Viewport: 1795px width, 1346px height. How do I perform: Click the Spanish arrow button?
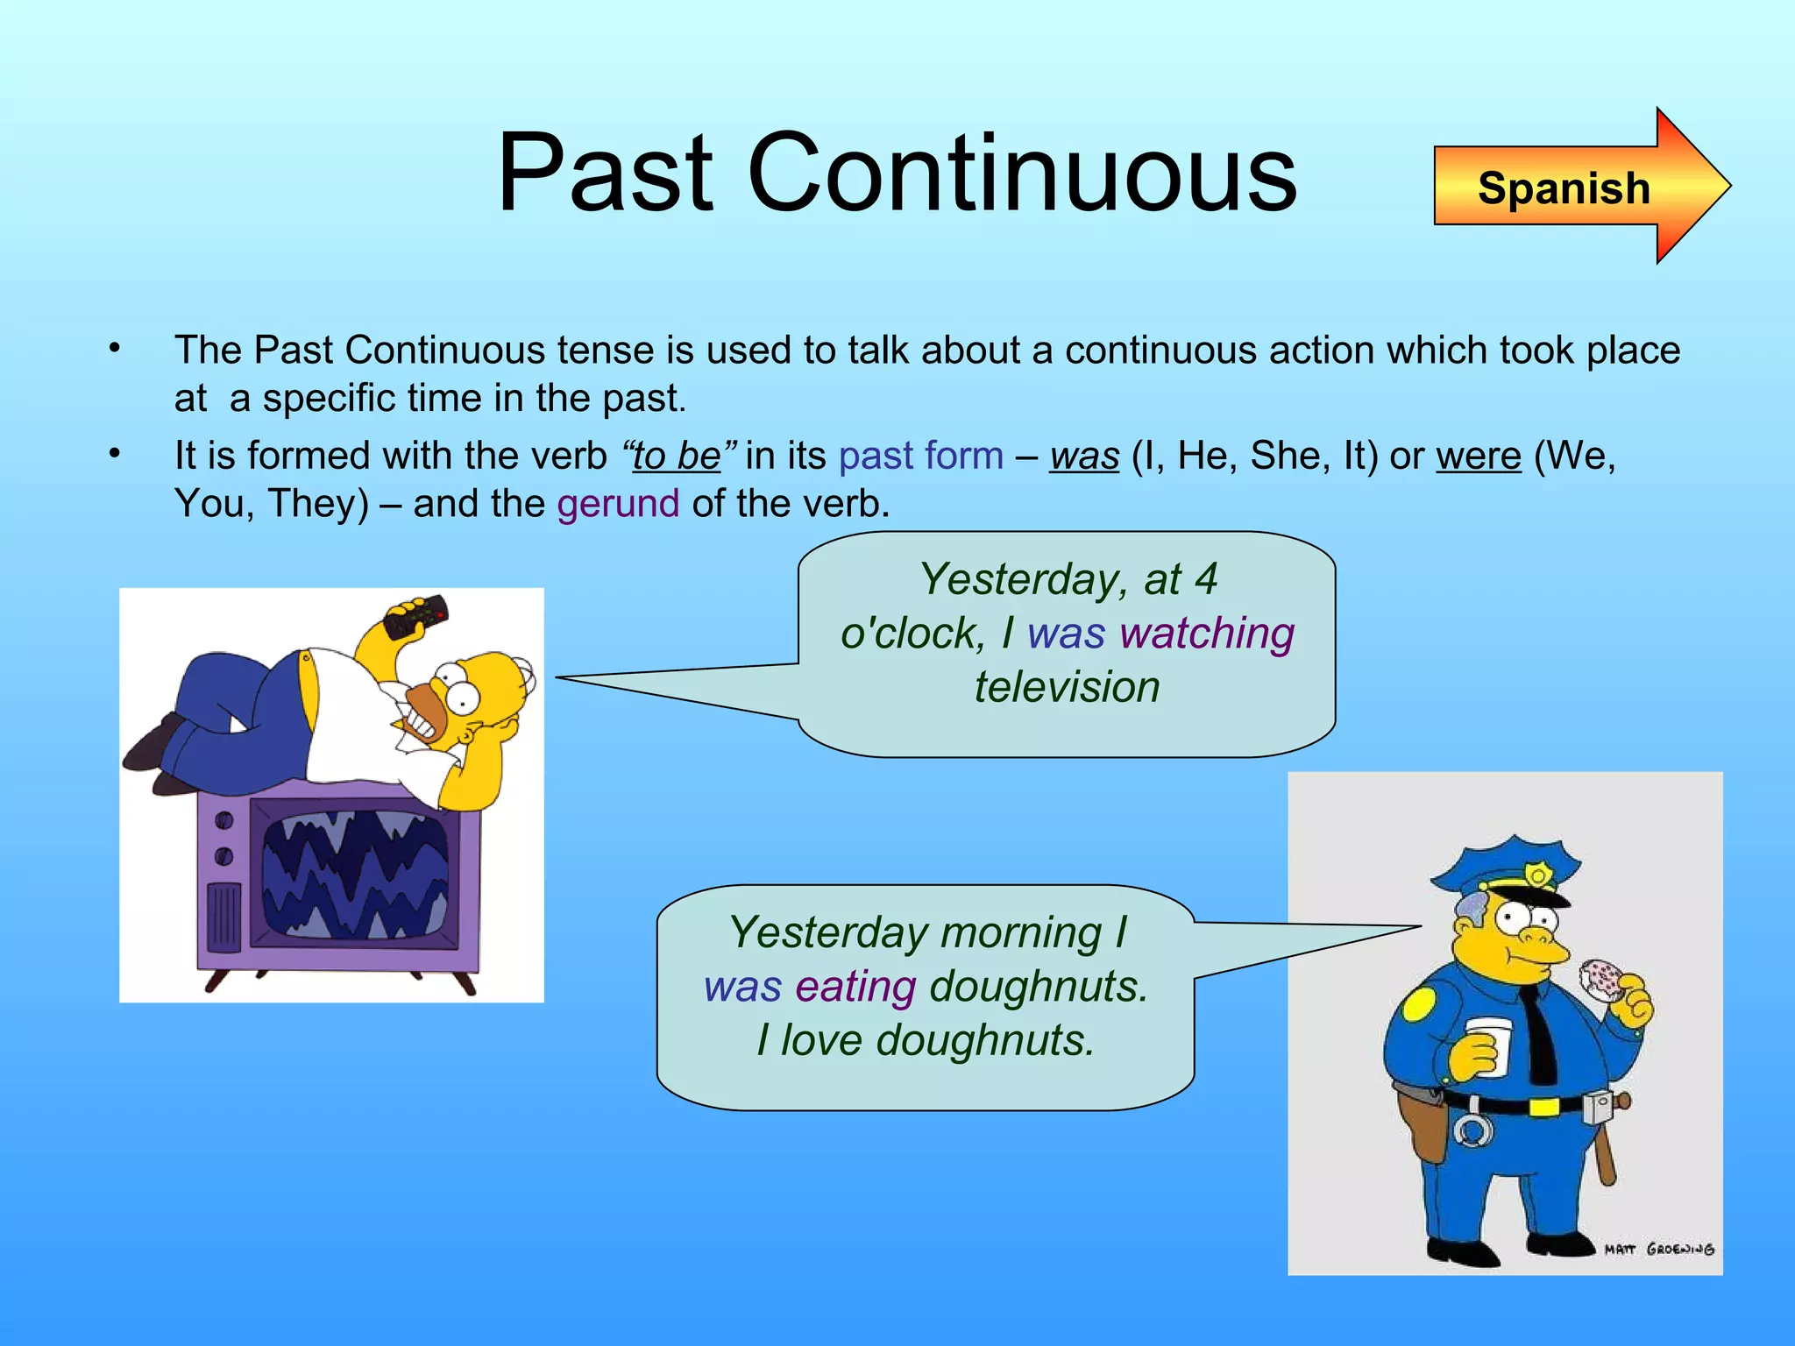pyautogui.click(x=1564, y=188)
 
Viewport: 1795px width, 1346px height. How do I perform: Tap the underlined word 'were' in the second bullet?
pyautogui.click(x=1479, y=456)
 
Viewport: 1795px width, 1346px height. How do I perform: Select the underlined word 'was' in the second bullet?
pyautogui.click(x=1084, y=456)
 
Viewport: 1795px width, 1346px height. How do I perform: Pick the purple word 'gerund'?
pyautogui.click(x=618, y=504)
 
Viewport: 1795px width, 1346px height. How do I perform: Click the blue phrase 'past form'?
pyautogui.click(x=920, y=456)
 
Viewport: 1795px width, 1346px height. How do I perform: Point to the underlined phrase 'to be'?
pyautogui.click(x=677, y=456)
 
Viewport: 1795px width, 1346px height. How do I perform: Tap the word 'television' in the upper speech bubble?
pyautogui.click(x=1067, y=687)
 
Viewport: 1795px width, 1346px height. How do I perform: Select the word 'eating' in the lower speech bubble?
pyautogui.click(x=855, y=987)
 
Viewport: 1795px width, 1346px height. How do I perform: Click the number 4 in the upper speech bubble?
pyautogui.click(x=1206, y=579)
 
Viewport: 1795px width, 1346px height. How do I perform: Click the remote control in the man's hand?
pyautogui.click(x=417, y=616)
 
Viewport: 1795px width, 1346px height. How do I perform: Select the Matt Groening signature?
pyautogui.click(x=1658, y=1249)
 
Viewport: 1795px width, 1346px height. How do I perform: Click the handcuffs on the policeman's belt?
pyautogui.click(x=1473, y=1130)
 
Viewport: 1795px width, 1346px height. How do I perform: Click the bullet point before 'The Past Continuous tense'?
pyautogui.click(x=114, y=349)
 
